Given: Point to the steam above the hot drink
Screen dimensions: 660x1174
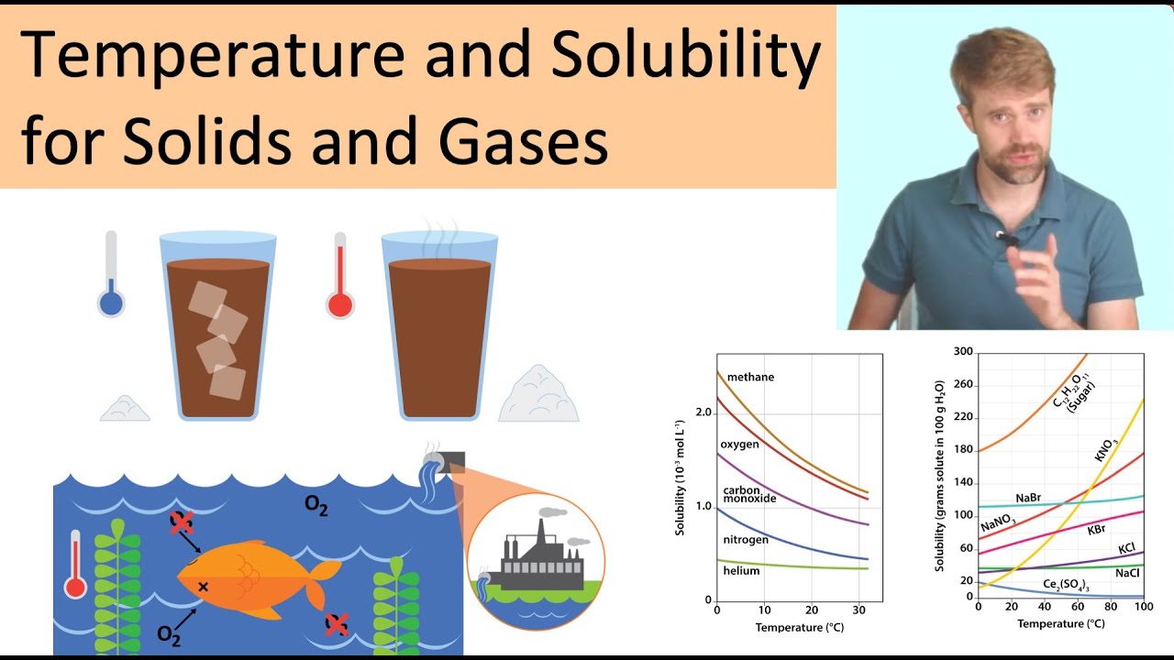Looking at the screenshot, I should (438, 236).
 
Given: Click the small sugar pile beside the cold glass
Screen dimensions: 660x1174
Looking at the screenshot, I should (125, 409).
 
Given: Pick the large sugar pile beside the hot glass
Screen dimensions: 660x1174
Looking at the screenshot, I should (538, 394).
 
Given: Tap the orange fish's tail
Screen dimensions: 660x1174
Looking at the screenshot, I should (321, 577).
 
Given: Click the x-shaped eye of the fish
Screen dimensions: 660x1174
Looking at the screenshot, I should (203, 586).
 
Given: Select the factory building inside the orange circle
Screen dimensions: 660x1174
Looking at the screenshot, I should (537, 559).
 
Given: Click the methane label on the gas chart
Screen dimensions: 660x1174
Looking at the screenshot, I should (750, 377).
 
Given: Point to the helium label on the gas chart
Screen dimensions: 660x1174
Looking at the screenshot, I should (741, 571).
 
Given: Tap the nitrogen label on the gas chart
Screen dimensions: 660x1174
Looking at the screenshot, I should (746, 540).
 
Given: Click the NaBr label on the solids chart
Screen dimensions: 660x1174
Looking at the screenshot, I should (1027, 498).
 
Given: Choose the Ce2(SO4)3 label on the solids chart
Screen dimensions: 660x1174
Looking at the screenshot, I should (1067, 584).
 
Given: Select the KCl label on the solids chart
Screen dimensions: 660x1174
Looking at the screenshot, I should (1127, 548).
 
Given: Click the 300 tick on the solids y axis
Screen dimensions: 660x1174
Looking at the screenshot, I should (962, 352).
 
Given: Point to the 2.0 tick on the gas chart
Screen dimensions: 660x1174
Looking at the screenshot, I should (703, 412).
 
